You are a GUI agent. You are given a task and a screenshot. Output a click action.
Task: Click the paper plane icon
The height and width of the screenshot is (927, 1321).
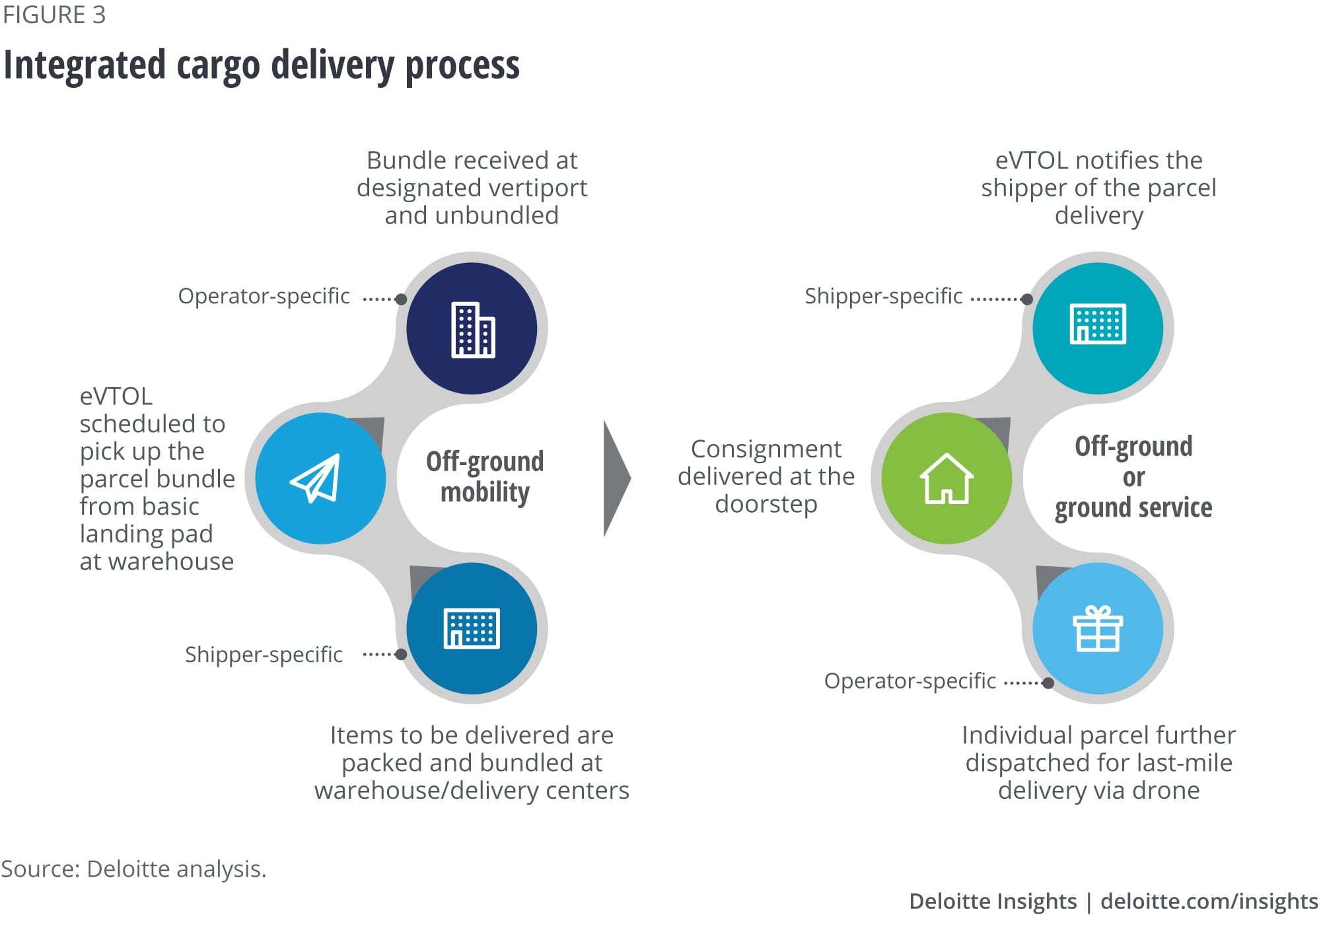pos(316,478)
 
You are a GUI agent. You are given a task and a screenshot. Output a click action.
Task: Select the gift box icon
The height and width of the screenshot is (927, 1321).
pos(1098,628)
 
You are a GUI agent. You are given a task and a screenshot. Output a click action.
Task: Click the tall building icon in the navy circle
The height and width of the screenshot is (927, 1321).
pos(472,329)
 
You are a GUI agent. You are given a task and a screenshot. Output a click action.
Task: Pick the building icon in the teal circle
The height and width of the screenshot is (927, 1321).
pos(1098,324)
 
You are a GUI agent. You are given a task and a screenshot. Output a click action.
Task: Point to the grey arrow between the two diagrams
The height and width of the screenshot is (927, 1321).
pos(616,478)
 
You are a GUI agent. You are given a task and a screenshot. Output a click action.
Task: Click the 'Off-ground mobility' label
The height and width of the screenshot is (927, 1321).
pos(485,476)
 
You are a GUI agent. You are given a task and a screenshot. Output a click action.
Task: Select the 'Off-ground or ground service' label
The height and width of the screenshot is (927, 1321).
pos(1133,476)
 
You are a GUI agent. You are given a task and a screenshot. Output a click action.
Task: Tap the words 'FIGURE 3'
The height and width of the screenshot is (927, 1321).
pos(54,15)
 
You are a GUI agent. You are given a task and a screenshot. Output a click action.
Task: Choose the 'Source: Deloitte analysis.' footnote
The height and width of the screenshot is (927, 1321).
pos(133,868)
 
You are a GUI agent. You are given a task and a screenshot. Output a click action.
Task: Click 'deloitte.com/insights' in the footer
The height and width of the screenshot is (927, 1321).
pos(1209,901)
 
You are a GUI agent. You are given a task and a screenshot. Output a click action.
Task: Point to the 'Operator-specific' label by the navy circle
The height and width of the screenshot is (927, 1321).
pos(264,296)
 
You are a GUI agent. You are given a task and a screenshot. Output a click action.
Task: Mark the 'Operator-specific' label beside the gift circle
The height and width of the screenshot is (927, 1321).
pos(910,681)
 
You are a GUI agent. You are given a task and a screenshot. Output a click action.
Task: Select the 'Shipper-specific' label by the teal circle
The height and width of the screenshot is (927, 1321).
pos(883,296)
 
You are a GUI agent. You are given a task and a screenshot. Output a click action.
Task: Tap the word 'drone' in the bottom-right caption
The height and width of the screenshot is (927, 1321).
pos(1166,790)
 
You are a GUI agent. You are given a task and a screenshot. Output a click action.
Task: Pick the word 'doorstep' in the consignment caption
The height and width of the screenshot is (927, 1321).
pos(766,504)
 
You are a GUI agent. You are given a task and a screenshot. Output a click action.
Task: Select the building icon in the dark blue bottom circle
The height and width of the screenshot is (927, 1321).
pos(472,628)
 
